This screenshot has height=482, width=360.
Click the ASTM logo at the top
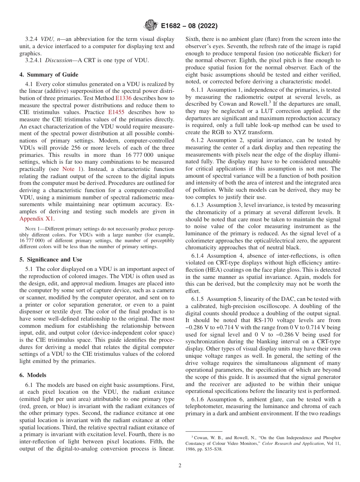tap(151, 26)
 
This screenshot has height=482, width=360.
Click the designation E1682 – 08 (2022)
tap(189, 27)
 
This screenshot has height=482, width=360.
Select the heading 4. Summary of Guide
tap(49, 75)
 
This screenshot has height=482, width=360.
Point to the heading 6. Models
tap(33, 375)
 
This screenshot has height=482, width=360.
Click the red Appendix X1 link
tap(36, 219)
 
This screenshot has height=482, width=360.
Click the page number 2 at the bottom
tap(180, 466)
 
